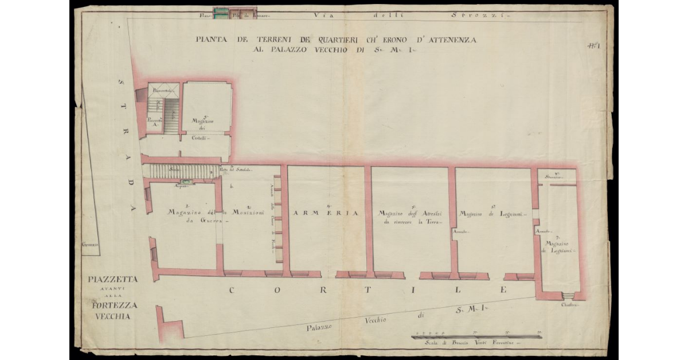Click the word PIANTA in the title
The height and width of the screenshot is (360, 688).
click(210, 40)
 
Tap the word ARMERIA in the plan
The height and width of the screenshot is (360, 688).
click(326, 213)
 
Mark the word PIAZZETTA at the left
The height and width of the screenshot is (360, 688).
click(114, 279)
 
